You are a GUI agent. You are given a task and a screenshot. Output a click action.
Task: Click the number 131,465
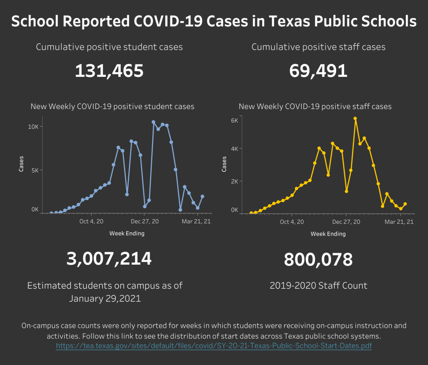pyautogui.click(x=109, y=71)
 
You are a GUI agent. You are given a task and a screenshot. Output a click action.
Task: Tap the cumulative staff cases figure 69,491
pyautogui.click(x=318, y=71)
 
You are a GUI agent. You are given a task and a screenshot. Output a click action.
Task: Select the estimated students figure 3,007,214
pyautogui.click(x=109, y=259)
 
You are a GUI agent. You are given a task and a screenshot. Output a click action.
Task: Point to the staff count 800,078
pyautogui.click(x=318, y=260)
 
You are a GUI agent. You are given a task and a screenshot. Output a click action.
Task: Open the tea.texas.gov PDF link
pyautogui.click(x=214, y=346)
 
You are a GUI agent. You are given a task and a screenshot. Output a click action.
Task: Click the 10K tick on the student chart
pyautogui.click(x=33, y=127)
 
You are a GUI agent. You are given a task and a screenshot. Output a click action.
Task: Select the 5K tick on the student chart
pyautogui.click(x=35, y=170)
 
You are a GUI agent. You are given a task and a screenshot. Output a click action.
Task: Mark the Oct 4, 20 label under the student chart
pyautogui.click(x=91, y=221)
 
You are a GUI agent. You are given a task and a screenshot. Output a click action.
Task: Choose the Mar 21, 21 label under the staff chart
pyautogui.click(x=399, y=222)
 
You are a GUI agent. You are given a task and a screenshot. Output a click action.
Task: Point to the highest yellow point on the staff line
pyautogui.click(x=355, y=119)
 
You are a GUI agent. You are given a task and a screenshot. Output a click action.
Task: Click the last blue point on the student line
pyautogui.click(x=202, y=196)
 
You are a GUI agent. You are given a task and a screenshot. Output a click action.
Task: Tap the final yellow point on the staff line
pyautogui.click(x=405, y=204)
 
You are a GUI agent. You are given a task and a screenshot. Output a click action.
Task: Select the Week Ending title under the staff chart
pyautogui.click(x=328, y=234)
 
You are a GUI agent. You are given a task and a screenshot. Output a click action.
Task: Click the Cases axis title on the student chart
pyautogui.click(x=21, y=164)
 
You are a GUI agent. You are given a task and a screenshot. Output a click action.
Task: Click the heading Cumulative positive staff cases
pyautogui.click(x=318, y=47)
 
